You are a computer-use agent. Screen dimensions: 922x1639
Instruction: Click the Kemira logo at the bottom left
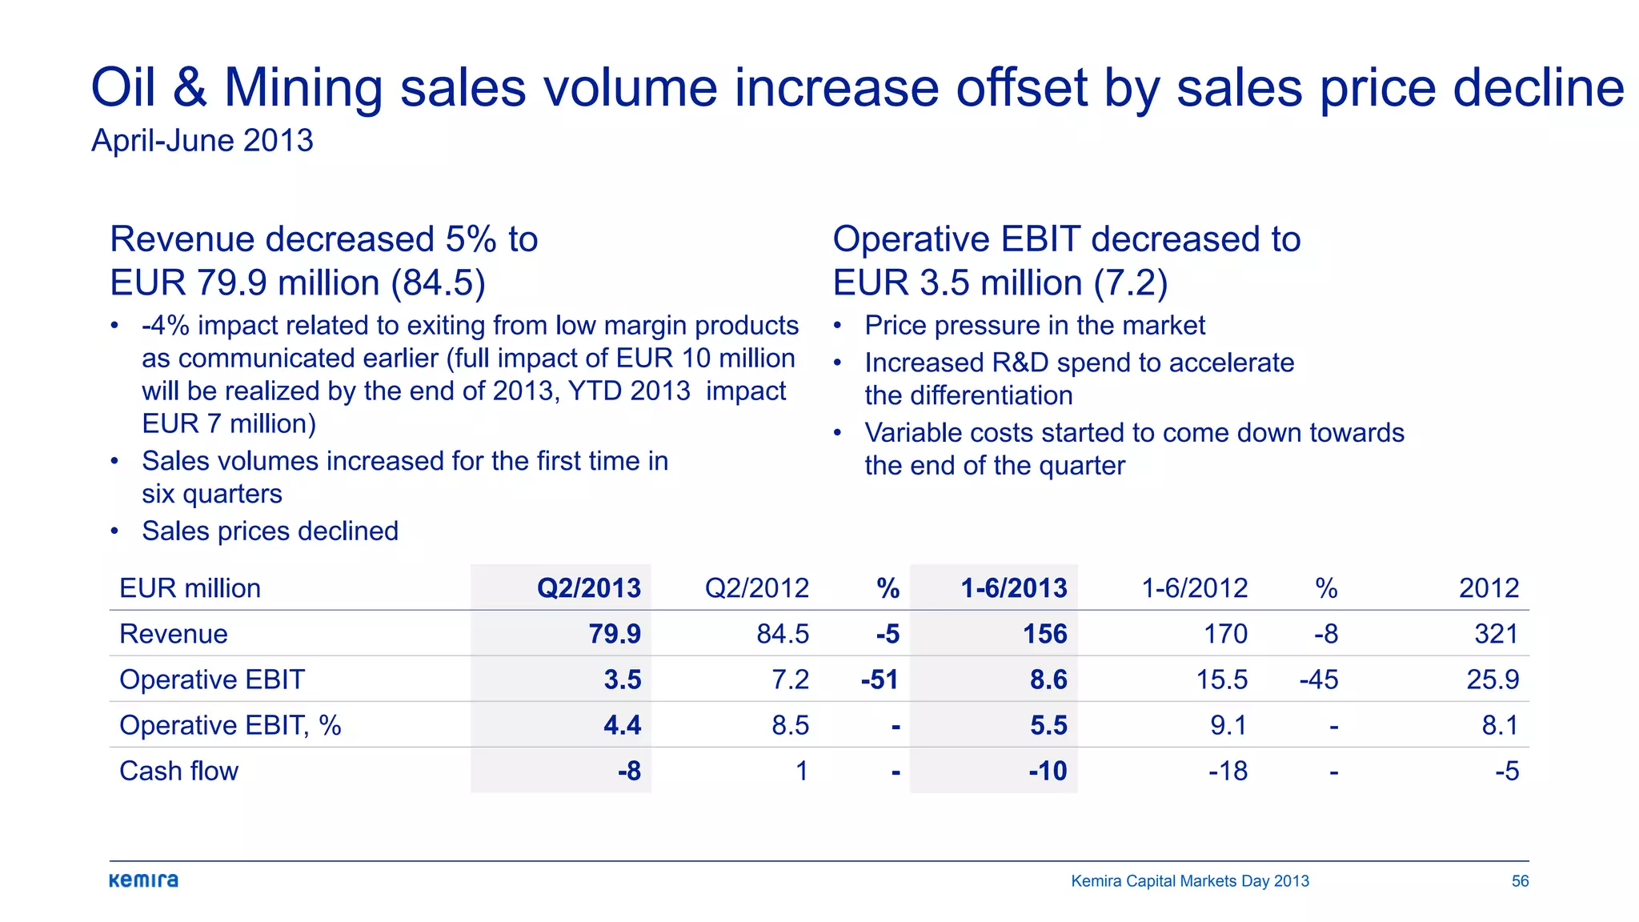[144, 880]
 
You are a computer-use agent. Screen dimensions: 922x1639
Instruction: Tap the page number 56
[1520, 881]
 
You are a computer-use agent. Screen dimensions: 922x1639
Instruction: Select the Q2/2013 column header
[588, 588]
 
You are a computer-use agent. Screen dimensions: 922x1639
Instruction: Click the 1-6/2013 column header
[1013, 588]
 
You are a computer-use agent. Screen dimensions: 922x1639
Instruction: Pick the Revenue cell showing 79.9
[615, 634]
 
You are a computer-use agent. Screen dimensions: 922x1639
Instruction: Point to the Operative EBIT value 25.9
[1493, 679]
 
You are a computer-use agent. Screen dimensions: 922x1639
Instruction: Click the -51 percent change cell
[880, 679]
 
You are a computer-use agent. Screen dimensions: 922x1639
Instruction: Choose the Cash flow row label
[178, 771]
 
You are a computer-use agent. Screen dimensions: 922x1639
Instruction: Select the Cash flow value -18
[1228, 771]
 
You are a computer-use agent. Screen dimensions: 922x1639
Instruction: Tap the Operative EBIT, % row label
[230, 725]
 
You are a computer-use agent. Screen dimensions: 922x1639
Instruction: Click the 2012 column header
[1489, 588]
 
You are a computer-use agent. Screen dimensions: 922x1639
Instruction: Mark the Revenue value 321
[1497, 634]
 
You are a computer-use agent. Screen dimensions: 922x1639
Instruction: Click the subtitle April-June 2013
[202, 141]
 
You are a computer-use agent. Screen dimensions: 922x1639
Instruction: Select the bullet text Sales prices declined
[270, 531]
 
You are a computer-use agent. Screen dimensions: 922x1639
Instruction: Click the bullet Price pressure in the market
[1034, 326]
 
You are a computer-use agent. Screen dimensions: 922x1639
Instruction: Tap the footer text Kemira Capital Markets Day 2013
[1190, 881]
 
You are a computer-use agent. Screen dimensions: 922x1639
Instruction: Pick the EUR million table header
[190, 588]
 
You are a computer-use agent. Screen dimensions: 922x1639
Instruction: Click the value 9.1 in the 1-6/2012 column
[1228, 725]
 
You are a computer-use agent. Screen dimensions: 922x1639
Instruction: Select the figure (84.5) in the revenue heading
[438, 283]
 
